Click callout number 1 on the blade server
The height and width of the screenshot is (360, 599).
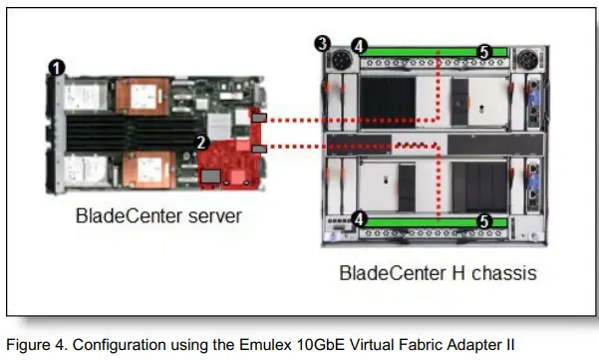58,66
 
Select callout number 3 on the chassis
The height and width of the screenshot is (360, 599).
322,43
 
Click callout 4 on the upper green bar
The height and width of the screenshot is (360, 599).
360,46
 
